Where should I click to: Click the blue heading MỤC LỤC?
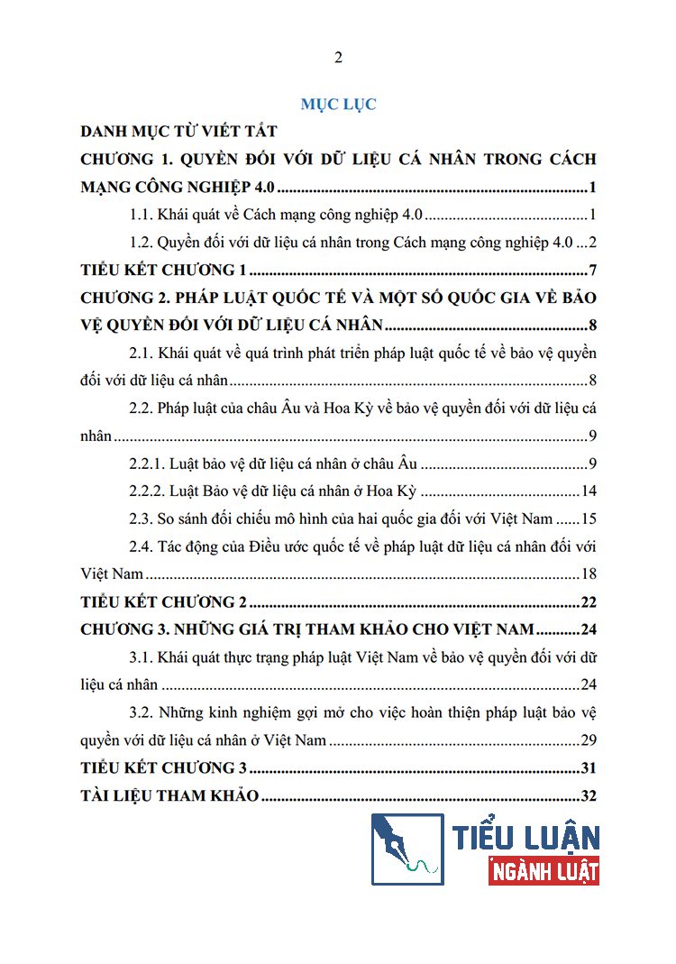tap(338, 104)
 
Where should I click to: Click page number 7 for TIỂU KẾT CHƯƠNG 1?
tap(592, 271)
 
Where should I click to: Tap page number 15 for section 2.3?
tap(589, 519)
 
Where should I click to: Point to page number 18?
tap(589, 574)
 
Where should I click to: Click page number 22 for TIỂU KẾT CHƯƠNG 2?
tap(589, 602)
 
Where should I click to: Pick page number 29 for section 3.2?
tap(589, 740)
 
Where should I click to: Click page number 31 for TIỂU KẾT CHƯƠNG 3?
tap(589, 768)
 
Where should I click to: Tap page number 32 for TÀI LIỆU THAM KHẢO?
tap(589, 795)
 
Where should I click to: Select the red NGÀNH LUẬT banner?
tap(544, 871)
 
